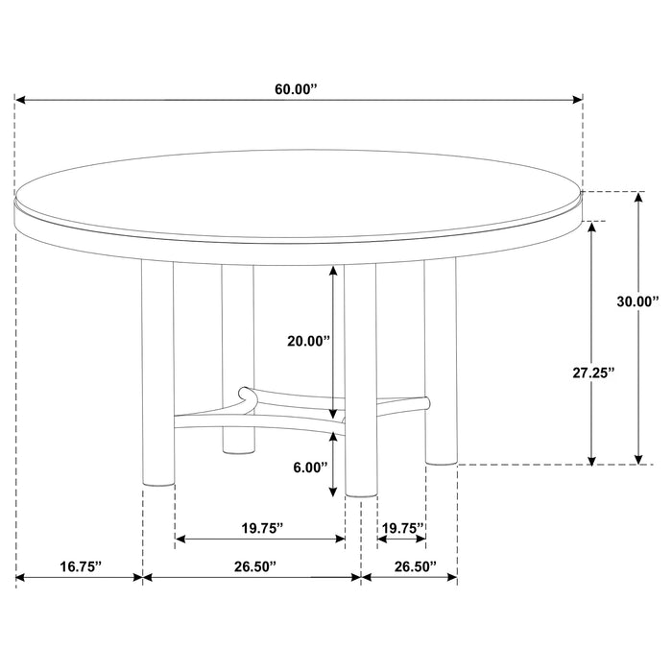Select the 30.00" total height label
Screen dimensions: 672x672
tap(637, 301)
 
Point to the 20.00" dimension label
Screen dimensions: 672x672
tap(310, 341)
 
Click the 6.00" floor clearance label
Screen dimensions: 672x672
tap(310, 468)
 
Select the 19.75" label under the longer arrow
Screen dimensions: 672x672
tap(260, 527)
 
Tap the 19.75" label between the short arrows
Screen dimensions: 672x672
tap(402, 527)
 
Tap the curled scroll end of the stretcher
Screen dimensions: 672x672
tap(246, 394)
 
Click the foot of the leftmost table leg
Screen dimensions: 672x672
tap(158, 480)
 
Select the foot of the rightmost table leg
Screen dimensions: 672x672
tap(442, 460)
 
